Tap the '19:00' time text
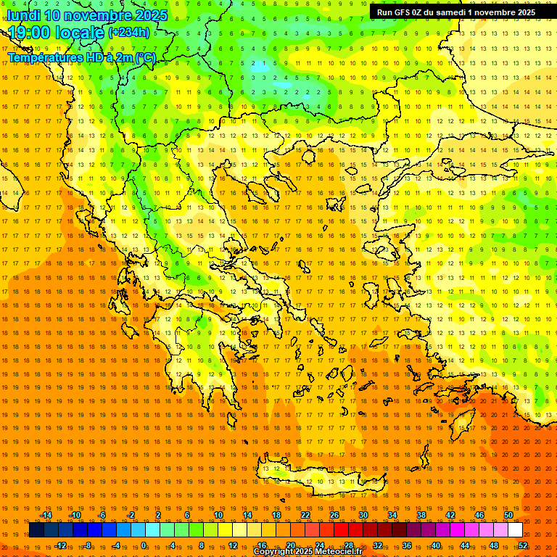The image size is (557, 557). [31, 33]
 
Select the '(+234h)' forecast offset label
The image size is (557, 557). [129, 32]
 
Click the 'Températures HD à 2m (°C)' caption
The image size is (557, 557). [81, 57]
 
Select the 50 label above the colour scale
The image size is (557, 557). [508, 515]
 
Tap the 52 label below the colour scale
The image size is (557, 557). [523, 545]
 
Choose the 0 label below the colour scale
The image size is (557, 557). [144, 545]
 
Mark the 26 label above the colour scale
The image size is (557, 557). [334, 515]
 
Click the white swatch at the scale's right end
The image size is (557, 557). [515, 530]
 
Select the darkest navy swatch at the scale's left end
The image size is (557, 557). [36, 530]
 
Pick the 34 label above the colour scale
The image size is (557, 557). [392, 515]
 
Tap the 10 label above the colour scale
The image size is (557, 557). [218, 515]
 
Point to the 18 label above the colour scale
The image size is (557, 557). [276, 515]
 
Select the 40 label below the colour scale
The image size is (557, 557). [436, 545]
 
